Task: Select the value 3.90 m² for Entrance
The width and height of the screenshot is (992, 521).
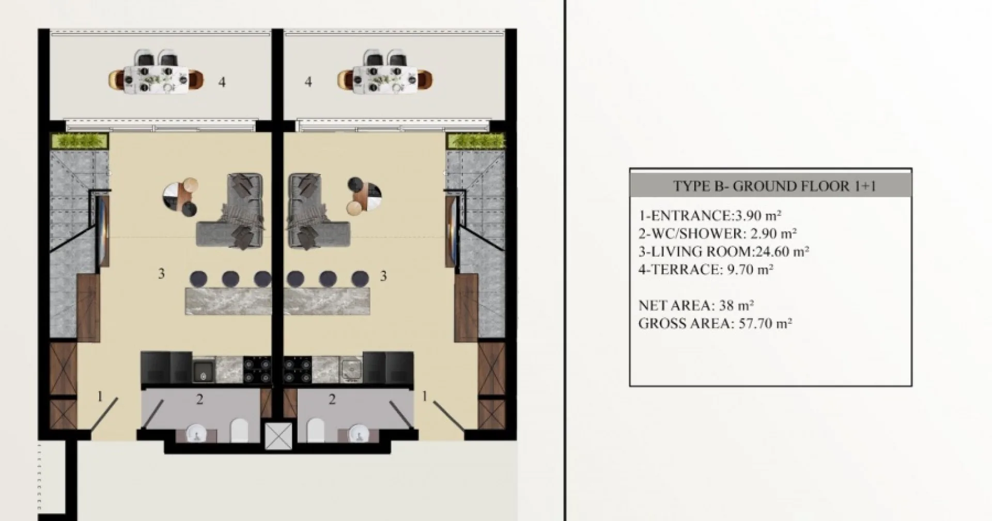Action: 758,215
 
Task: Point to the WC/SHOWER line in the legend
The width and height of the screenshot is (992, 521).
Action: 718,233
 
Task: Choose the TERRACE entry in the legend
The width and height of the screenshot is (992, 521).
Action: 706,269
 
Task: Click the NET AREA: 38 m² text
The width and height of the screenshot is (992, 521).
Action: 696,305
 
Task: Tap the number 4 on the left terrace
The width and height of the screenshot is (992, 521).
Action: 222,82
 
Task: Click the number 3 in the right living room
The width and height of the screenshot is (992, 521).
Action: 383,276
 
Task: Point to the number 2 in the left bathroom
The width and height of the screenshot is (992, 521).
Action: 200,399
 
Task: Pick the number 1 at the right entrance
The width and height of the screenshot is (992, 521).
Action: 425,396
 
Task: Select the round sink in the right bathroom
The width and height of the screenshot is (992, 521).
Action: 357,433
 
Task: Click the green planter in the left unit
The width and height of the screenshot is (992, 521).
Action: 80,140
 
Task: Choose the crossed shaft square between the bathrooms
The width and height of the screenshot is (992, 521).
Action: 278,436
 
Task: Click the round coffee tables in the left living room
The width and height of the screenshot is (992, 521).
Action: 181,196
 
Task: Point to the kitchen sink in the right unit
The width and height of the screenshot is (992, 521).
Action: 351,370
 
